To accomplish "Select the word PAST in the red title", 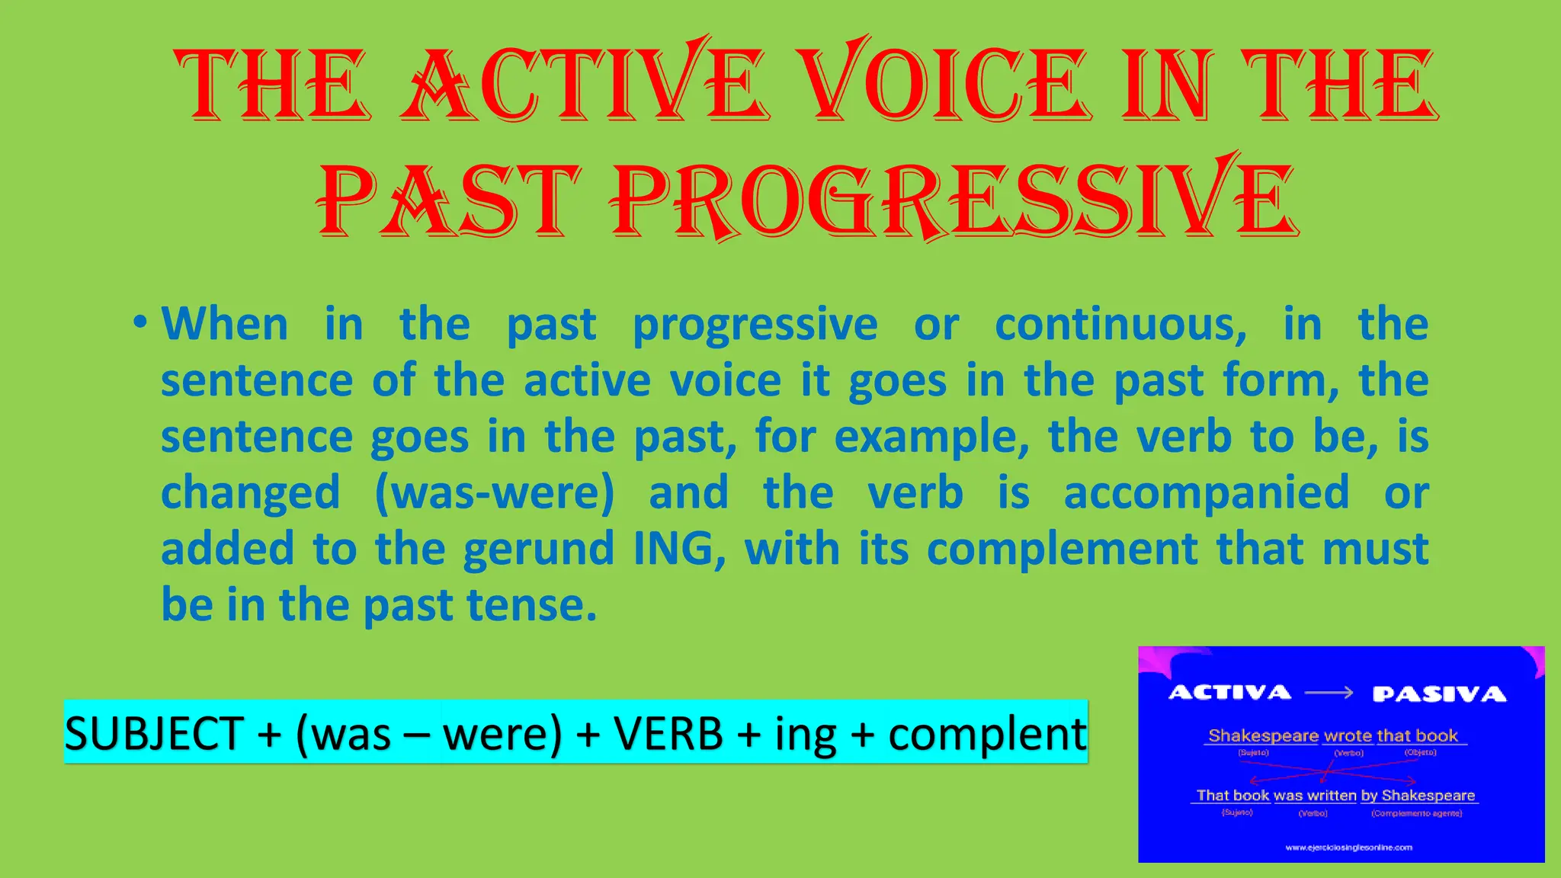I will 450,200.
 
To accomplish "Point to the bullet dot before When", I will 139,322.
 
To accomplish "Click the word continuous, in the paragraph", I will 1120,325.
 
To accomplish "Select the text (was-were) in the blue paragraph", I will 494,492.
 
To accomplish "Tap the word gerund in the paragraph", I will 538,549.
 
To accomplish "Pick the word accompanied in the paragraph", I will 1206,492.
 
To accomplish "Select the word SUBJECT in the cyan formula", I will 154,734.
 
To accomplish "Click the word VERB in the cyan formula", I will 668,734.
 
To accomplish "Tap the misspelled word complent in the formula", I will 987,734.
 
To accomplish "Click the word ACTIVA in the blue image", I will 1229,692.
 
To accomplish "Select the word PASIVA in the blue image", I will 1439,694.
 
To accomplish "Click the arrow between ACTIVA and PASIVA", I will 1329,693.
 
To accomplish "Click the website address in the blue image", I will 1348,847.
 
